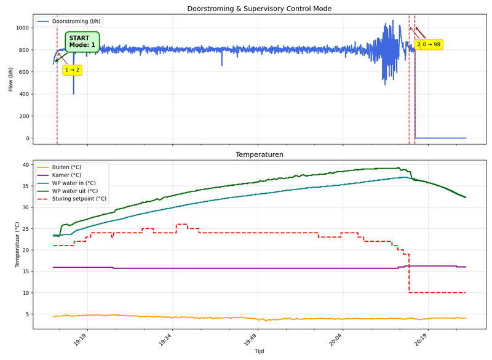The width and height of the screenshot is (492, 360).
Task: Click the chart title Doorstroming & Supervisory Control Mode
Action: tap(259, 9)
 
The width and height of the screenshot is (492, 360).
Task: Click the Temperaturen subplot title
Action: tap(259, 154)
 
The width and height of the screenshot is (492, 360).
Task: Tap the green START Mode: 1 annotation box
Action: tap(82, 41)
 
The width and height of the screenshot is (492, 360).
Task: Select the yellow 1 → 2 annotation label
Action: tap(73, 70)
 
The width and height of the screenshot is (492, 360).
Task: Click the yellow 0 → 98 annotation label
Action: tap(429, 45)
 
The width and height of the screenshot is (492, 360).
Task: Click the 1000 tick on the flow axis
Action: tap(23, 28)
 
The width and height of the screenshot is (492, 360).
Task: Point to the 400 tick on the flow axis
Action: tap(25, 94)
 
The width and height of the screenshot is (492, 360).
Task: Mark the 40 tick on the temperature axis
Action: tap(27, 165)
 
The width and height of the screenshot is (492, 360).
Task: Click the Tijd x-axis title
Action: tap(259, 351)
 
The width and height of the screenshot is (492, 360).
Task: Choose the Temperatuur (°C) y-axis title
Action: tap(17, 245)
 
